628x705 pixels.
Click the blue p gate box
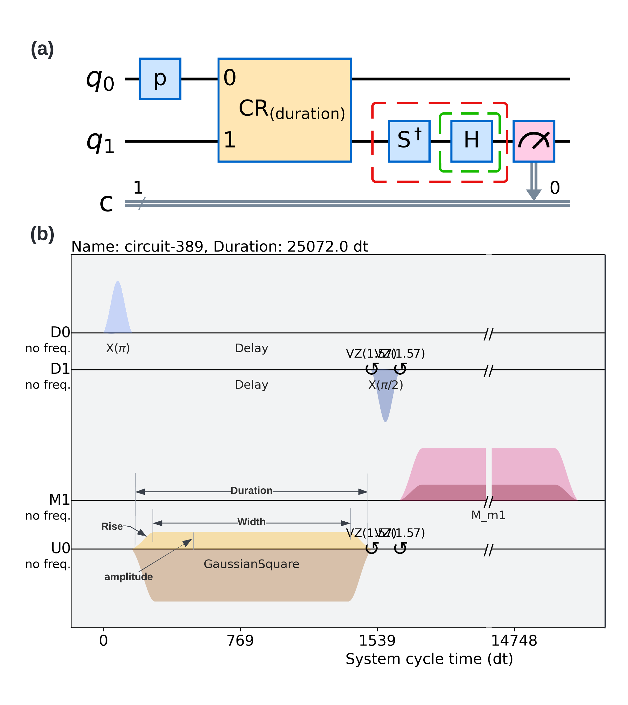[160, 79]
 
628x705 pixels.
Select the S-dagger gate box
[409, 141]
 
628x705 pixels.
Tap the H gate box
[471, 141]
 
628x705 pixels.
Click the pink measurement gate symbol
[534, 141]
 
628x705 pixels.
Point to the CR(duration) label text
[291, 110]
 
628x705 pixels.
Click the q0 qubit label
[100, 80]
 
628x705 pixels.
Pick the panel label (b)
[42, 234]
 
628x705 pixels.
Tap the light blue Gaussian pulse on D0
[118, 311]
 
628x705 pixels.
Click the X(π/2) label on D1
[385, 385]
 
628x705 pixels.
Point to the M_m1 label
[488, 515]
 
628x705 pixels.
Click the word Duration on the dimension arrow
[251, 490]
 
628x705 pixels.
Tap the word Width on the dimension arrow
[251, 522]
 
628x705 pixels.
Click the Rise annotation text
[112, 526]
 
